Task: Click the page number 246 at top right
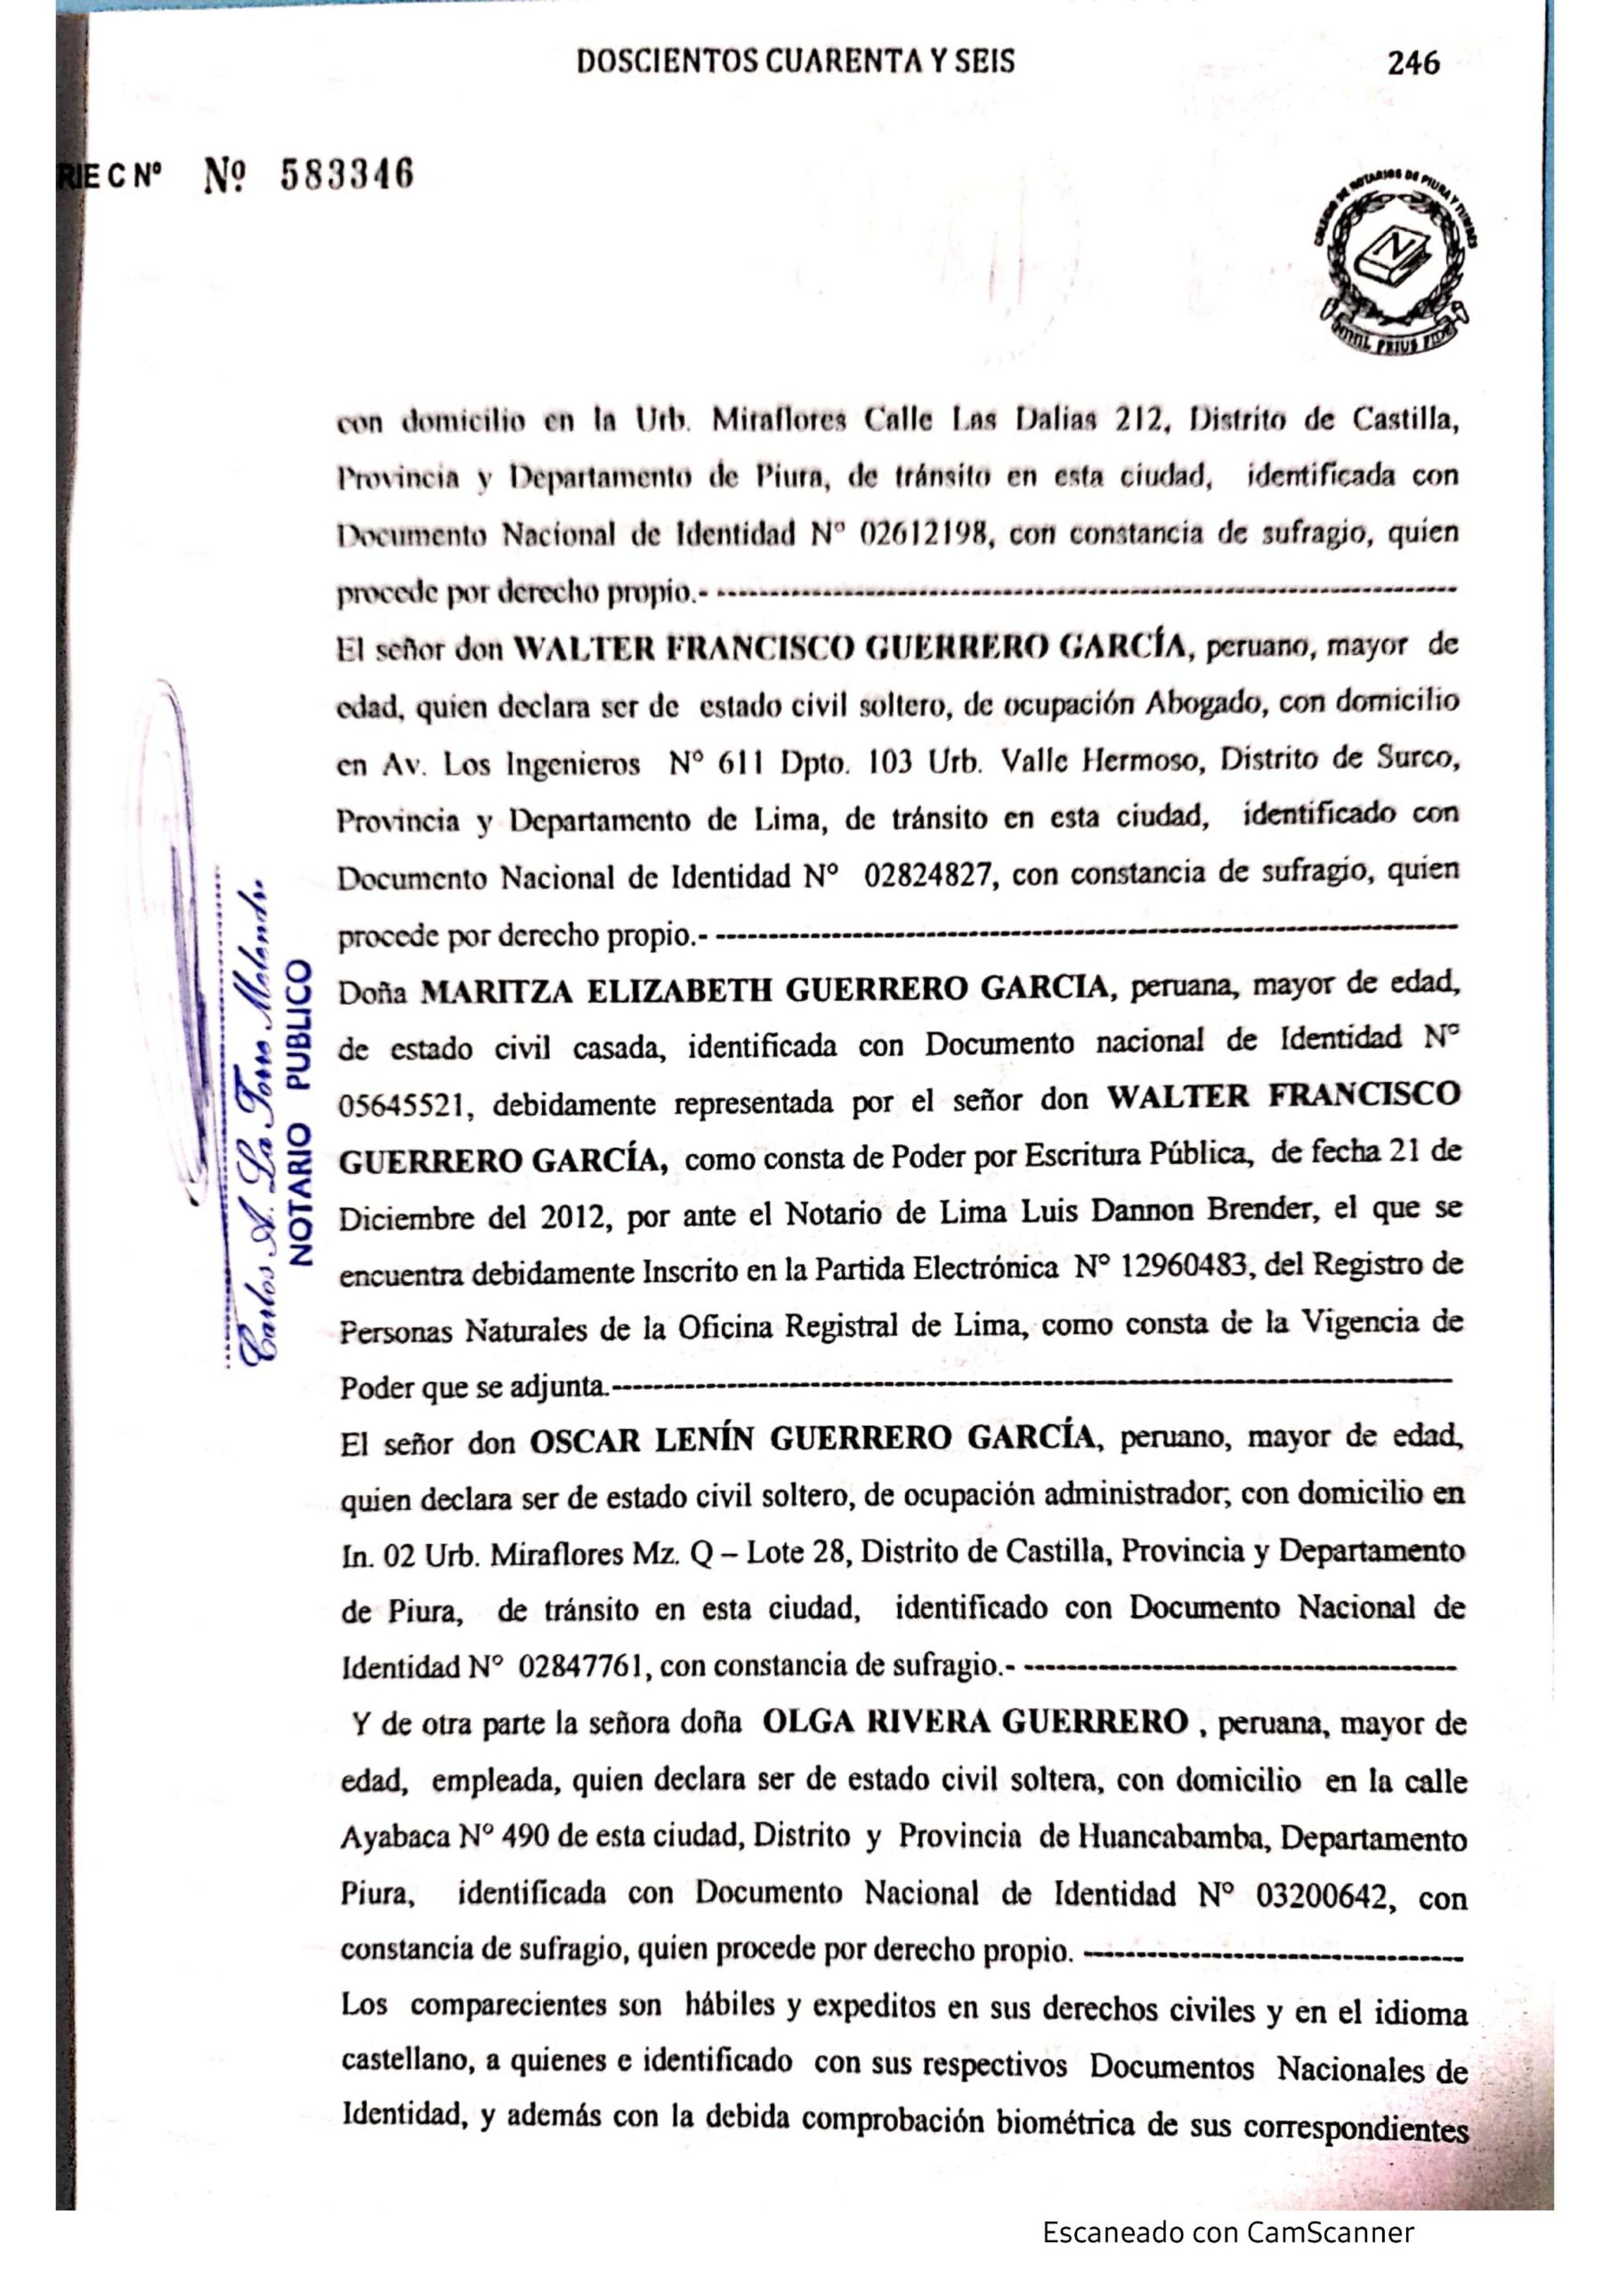tap(1413, 63)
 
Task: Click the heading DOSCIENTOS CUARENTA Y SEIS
tap(795, 62)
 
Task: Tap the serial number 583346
tap(346, 175)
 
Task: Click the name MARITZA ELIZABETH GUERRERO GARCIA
tap(765, 990)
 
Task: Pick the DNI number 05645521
tap(403, 1103)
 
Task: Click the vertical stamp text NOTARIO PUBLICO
tap(299, 1111)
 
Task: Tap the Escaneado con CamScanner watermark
tap(1228, 2234)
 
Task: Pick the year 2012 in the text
tap(573, 1216)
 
